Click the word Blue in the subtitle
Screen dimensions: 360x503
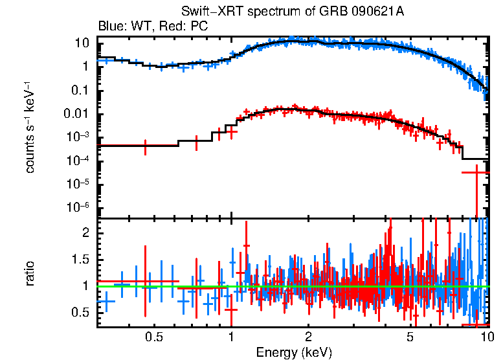[x=111, y=27]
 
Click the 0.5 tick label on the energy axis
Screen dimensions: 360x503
[x=153, y=337]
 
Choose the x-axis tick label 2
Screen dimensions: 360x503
[x=308, y=337]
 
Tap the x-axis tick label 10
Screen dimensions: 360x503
[x=486, y=337]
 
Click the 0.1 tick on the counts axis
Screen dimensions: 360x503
[x=80, y=90]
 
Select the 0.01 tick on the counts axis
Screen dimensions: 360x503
[x=76, y=114]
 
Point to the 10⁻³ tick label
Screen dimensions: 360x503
[x=77, y=137]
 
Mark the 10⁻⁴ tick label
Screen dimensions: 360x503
[x=77, y=161]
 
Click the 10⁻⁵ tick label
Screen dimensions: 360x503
[x=77, y=184]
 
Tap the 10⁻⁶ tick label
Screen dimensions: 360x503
[x=77, y=207]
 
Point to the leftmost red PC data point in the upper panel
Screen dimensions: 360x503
[x=145, y=147]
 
